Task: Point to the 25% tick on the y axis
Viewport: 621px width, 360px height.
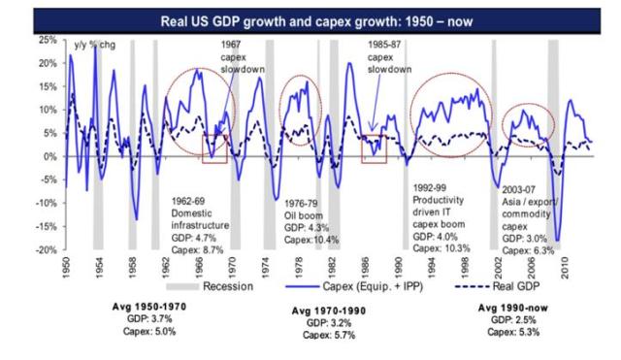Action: (x=45, y=40)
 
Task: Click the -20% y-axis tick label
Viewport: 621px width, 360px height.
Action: (x=43, y=249)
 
